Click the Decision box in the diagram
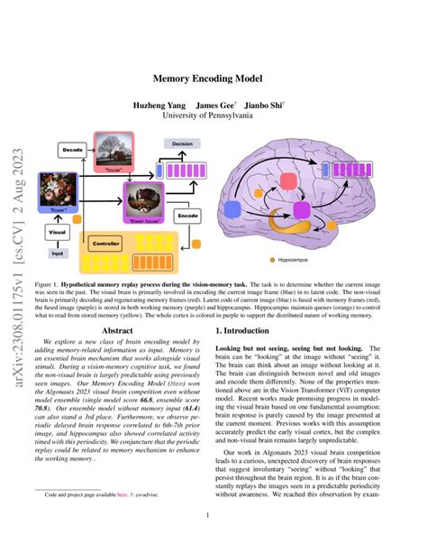pos(181,143)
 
